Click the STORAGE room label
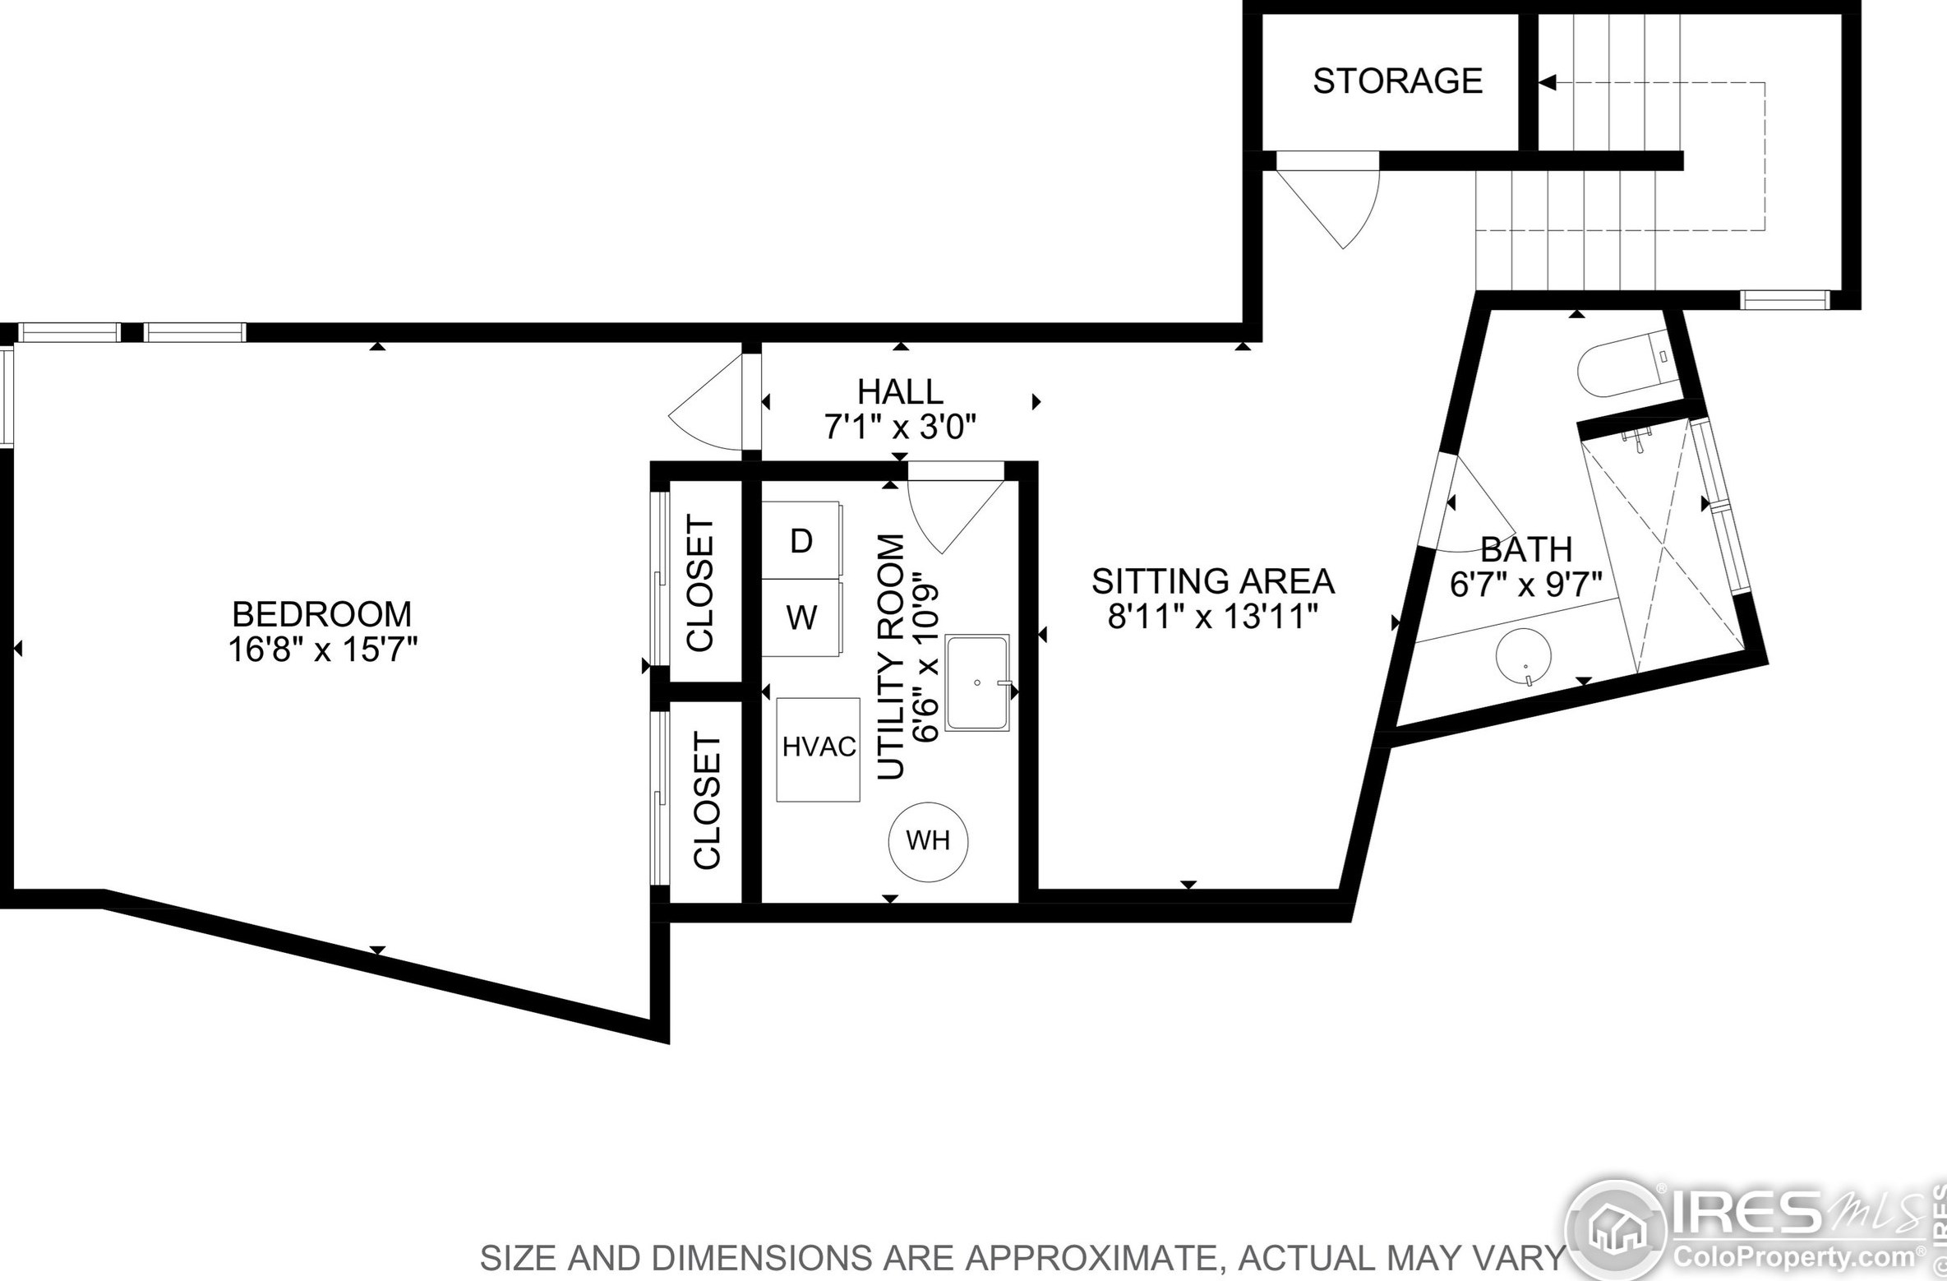[1397, 81]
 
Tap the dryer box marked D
[801, 540]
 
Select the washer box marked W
[801, 617]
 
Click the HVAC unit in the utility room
[819, 750]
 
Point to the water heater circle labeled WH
[929, 842]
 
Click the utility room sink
[977, 682]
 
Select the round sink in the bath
[1523, 657]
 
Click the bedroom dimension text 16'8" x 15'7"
[323, 650]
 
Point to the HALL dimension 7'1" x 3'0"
[901, 428]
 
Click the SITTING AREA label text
[1213, 581]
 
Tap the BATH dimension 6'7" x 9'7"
[1526, 585]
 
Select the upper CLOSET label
[701, 583]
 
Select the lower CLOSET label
[708, 800]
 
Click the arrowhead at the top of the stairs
[1548, 82]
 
